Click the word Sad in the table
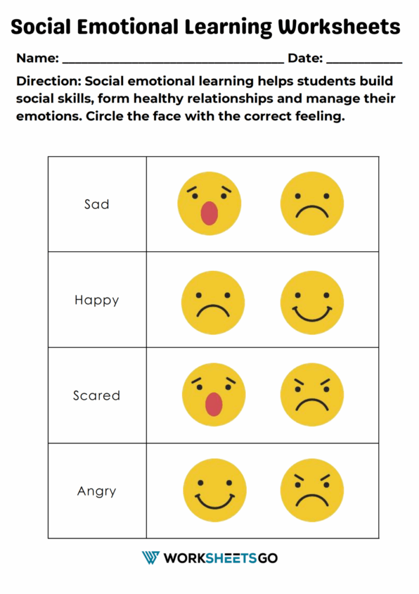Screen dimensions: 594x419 pos(97,204)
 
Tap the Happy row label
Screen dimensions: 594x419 pos(97,300)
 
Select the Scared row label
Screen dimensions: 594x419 pos(97,396)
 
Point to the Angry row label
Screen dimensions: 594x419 pos(97,491)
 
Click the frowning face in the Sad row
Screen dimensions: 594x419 pos(312,203)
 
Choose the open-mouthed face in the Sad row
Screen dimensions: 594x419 pos(209,203)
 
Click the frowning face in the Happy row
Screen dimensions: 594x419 pos(213,302)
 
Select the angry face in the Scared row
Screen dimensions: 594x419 pos(312,395)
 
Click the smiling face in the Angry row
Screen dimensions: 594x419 pos(214,490)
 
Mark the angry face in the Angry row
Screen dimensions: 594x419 pos(312,490)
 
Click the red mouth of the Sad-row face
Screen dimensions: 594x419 pos(209,213)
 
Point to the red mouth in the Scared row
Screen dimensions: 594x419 pos(214,404)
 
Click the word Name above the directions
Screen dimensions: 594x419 pos(37,58)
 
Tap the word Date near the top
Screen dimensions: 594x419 pos(305,58)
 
